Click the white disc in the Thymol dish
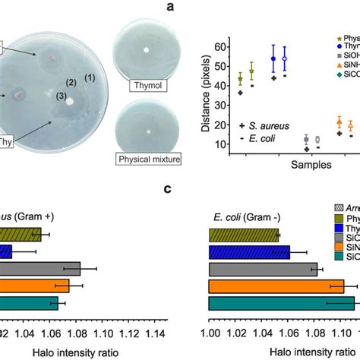(144, 50)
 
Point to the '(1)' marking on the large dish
(89, 77)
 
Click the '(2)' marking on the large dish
(71, 82)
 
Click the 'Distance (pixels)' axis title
(206, 93)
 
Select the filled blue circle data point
(273, 58)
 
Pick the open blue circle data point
(285, 58)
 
